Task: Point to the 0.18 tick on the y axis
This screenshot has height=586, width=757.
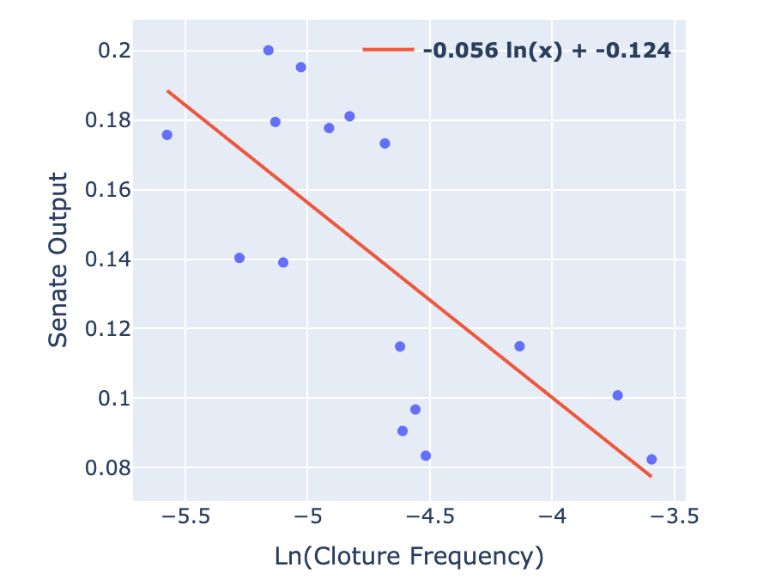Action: click(x=102, y=121)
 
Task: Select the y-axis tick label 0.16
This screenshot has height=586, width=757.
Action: click(x=102, y=191)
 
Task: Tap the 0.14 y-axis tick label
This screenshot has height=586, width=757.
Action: click(x=102, y=260)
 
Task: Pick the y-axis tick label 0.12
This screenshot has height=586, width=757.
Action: click(x=102, y=330)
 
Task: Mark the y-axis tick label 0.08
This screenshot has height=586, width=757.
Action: click(x=102, y=469)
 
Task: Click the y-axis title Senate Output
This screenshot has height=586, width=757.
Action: click(x=58, y=260)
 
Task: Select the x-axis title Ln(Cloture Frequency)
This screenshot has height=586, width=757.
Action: click(x=409, y=558)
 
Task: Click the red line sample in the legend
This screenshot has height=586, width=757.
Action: click(x=388, y=50)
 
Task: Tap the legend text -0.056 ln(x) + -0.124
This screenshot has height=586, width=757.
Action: click(x=547, y=50)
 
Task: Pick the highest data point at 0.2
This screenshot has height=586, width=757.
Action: click(x=269, y=51)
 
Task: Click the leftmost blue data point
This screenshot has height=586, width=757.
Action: click(x=167, y=135)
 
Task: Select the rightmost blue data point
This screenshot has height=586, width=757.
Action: click(x=651, y=460)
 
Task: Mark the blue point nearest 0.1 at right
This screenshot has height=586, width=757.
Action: click(x=617, y=395)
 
